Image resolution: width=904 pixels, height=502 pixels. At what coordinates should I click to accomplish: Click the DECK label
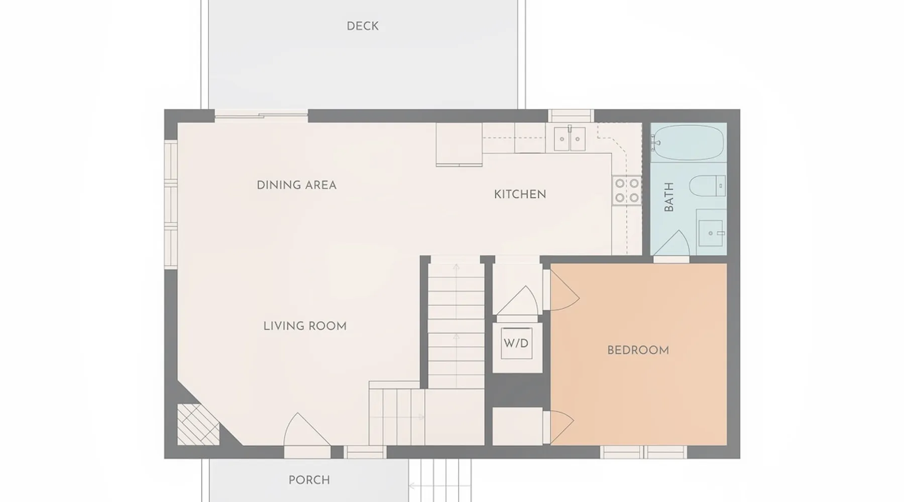[363, 26]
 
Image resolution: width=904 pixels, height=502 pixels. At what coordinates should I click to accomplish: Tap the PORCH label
[309, 480]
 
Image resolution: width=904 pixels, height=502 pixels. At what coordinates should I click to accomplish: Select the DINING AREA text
[296, 185]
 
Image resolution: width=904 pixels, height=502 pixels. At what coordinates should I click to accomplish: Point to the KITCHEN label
[520, 194]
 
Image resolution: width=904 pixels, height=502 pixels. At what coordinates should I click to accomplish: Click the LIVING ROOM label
[305, 326]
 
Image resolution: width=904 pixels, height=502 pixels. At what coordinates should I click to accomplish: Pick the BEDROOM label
[638, 350]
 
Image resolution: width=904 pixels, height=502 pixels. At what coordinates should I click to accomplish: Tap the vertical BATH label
[669, 197]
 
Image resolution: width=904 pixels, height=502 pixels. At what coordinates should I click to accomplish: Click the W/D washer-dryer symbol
[516, 343]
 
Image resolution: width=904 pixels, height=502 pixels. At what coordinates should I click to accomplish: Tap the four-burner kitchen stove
[627, 191]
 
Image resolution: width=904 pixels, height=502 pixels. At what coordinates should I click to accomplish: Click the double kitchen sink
[570, 139]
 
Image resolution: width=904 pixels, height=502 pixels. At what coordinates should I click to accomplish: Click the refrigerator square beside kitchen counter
[459, 145]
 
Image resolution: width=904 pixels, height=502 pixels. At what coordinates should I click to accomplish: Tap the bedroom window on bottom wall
[643, 452]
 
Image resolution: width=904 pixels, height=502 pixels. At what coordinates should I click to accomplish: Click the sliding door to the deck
[261, 116]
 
